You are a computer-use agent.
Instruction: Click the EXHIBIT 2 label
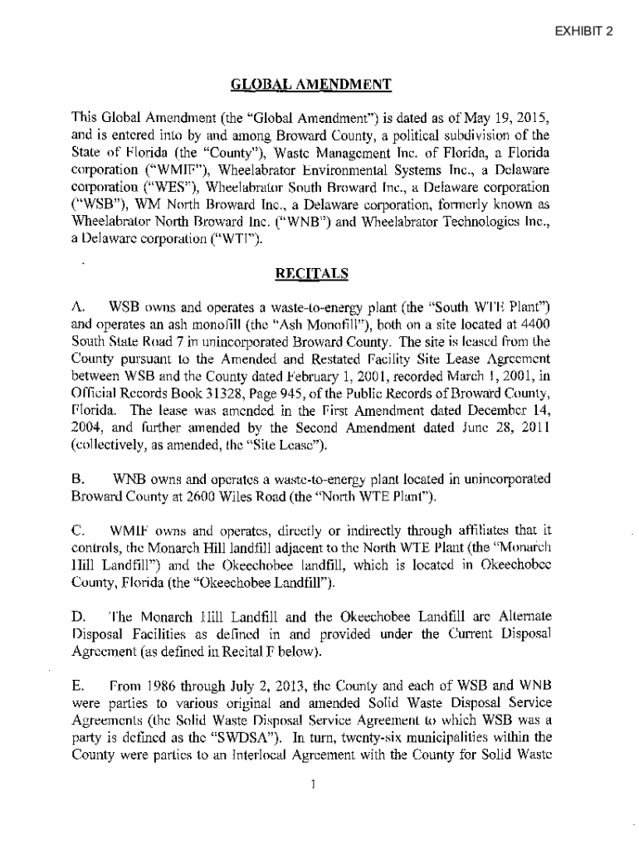[x=584, y=32]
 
